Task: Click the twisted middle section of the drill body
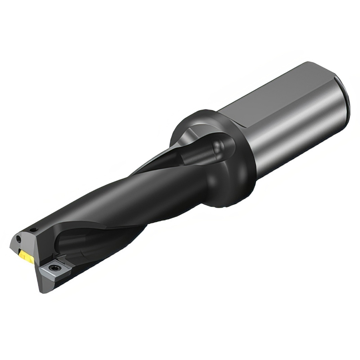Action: [132, 200]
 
